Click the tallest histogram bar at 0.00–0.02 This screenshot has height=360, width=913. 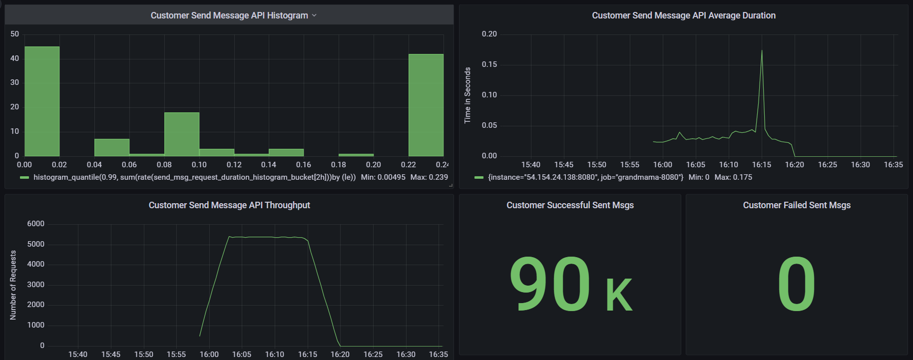coord(42,101)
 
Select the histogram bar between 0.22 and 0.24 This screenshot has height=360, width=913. coord(426,105)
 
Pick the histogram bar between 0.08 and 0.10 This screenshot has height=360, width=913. coord(182,134)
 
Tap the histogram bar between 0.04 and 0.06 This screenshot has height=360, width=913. coord(112,147)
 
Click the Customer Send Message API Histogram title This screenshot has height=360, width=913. coord(229,15)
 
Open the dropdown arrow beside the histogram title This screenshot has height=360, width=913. coord(314,15)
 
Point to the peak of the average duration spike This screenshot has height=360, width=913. coord(762,50)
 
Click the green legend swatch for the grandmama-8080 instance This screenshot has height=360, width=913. coord(479,177)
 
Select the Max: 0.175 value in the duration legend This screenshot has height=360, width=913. coord(733,177)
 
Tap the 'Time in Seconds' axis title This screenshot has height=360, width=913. coord(467,95)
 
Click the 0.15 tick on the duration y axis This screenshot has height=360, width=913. coord(489,64)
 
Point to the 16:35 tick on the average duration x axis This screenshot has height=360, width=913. coord(893,165)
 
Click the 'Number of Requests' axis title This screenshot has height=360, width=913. coord(13,285)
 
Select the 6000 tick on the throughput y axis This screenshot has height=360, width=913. coord(35,224)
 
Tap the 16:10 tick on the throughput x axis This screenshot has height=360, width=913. coord(275,355)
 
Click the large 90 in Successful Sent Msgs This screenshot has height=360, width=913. coord(550,284)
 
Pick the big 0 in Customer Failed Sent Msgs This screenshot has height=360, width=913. coord(796,284)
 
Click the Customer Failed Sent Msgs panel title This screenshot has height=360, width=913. coord(797,205)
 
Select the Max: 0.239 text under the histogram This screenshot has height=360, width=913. coord(429,177)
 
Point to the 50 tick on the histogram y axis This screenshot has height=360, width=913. coord(14,34)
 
